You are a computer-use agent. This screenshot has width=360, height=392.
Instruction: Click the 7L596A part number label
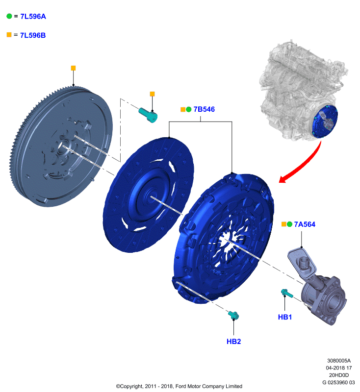pyautogui.click(x=33, y=17)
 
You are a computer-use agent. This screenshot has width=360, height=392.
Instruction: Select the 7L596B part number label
pyautogui.click(x=33, y=35)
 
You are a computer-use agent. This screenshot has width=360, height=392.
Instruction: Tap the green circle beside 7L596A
pyautogui.click(x=9, y=16)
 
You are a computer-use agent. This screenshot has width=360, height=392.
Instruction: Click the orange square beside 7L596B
pyautogui.click(x=9, y=35)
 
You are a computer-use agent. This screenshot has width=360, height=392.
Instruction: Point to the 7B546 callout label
pyautogui.click(x=204, y=109)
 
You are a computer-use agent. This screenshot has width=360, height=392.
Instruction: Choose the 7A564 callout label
pyautogui.click(x=305, y=224)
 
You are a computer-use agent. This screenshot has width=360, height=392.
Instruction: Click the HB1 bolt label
pyautogui.click(x=285, y=317)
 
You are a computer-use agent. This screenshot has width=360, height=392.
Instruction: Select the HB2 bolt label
pyautogui.click(x=233, y=341)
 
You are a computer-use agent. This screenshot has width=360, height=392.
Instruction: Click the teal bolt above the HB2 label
pyautogui.click(x=233, y=316)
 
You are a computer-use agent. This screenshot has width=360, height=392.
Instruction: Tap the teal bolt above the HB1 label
pyautogui.click(x=287, y=293)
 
